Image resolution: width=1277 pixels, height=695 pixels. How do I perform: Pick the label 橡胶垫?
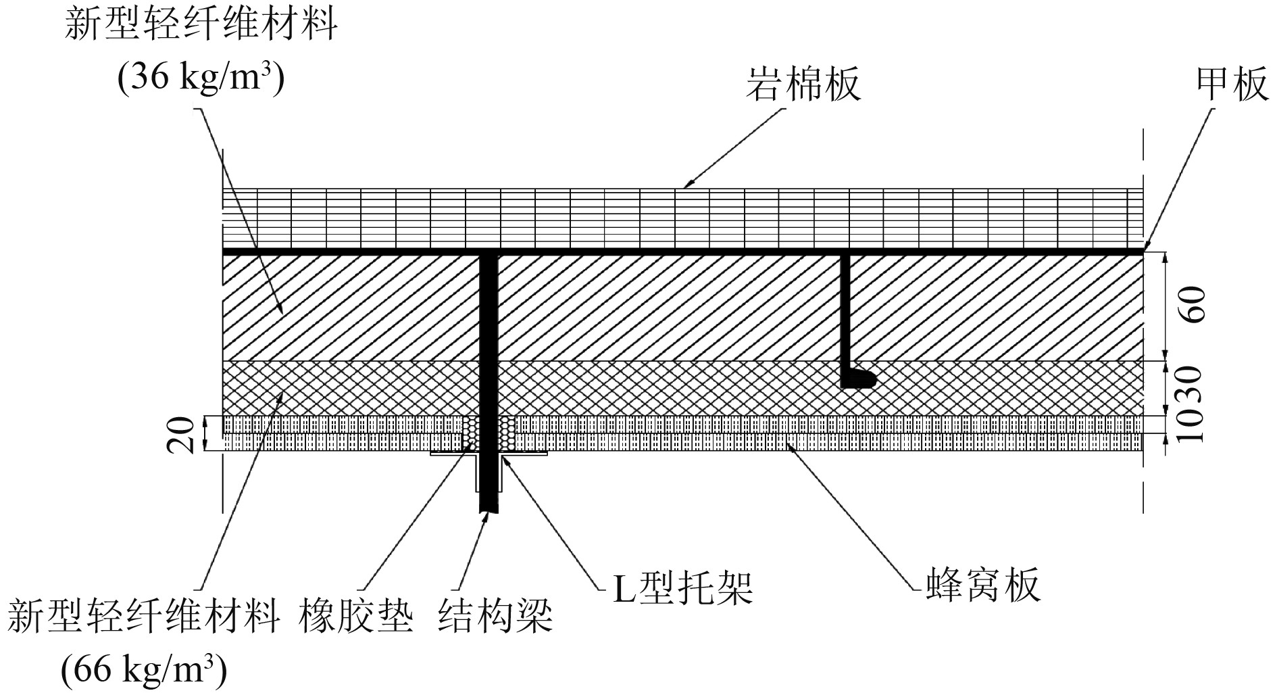356,617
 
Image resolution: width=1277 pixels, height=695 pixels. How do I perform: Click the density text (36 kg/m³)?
201,78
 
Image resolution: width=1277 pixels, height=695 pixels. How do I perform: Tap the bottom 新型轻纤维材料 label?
144,617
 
